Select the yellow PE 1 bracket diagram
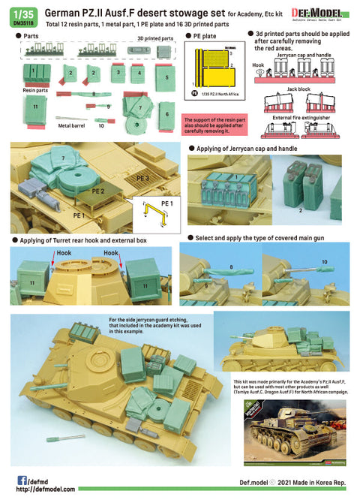click(x=158, y=212)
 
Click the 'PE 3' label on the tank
click(x=144, y=179)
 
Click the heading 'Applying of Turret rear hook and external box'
click(x=86, y=240)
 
